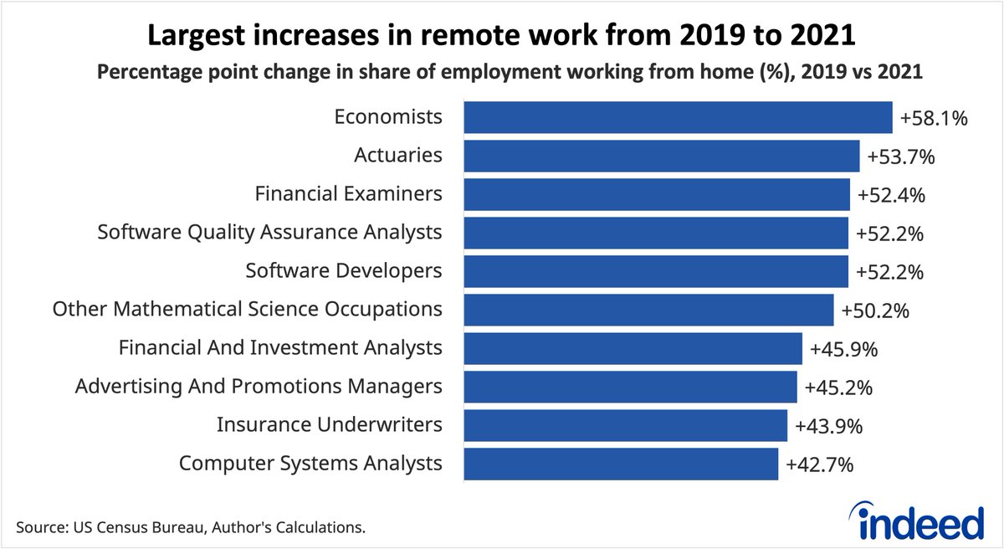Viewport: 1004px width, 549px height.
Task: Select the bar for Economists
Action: [678, 117]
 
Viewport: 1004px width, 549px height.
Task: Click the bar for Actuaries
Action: [662, 156]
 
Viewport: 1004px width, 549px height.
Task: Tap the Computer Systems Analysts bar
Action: [621, 464]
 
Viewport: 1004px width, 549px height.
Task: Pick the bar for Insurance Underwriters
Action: [625, 425]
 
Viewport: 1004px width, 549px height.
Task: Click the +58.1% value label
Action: [934, 118]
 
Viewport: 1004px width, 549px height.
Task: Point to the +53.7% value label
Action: [901, 156]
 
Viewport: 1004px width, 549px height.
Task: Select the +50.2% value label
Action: [875, 310]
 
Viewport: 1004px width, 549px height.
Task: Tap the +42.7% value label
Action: [820, 464]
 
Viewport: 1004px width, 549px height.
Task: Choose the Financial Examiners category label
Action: [348, 194]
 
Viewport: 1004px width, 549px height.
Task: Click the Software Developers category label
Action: [344, 271]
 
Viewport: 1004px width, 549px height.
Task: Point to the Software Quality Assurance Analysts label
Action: [269, 233]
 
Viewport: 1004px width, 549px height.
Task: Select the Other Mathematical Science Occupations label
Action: [247, 310]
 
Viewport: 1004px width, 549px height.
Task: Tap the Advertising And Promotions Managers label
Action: [259, 387]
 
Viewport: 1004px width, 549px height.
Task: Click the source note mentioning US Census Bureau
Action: [191, 529]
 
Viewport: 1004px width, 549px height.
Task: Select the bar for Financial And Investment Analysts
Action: [633, 348]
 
